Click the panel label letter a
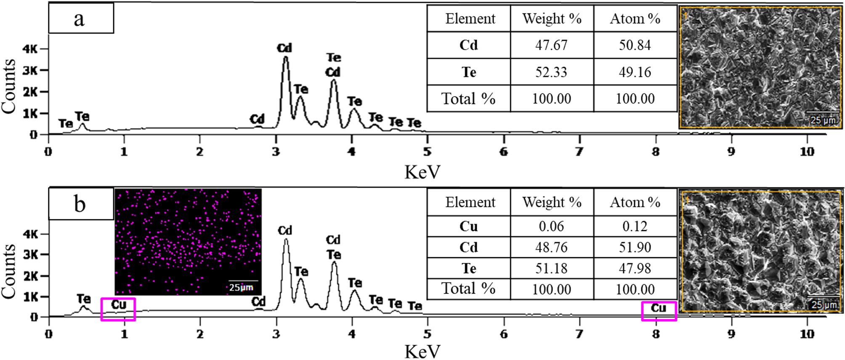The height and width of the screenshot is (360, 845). [79, 19]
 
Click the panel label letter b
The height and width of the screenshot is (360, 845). [80, 204]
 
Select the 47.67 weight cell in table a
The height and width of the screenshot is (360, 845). [551, 45]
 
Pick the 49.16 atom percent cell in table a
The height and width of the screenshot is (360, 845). [635, 72]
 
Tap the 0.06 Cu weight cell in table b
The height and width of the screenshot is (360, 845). [551, 227]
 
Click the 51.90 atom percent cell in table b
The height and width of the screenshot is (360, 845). [635, 247]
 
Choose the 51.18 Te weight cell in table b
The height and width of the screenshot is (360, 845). [551, 268]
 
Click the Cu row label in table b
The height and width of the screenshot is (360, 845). [468, 227]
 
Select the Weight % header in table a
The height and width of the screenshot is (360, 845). [552, 19]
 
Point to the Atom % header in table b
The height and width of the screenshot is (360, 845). [635, 202]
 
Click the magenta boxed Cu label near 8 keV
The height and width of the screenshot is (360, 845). [659, 308]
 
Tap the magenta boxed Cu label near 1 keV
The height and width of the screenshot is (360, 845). [118, 305]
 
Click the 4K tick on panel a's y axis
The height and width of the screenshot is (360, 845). [30, 49]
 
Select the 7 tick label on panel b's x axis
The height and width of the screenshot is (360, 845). [579, 334]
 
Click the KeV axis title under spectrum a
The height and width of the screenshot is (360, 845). [422, 172]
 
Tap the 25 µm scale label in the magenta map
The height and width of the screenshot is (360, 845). [241, 288]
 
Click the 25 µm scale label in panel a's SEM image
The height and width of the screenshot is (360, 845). [823, 120]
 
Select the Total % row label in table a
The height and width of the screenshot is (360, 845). [468, 99]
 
